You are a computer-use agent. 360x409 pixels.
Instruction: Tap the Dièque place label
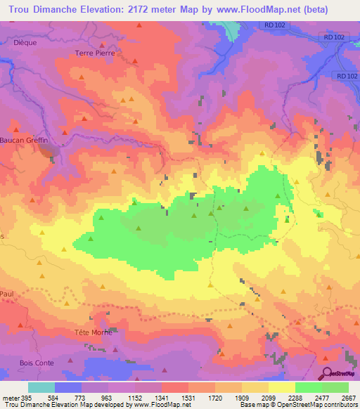coord(25,42)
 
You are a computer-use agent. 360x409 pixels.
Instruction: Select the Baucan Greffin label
coord(28,140)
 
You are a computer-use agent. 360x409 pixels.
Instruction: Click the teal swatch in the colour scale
coord(41,387)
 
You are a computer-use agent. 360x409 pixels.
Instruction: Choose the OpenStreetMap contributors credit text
coord(323,405)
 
